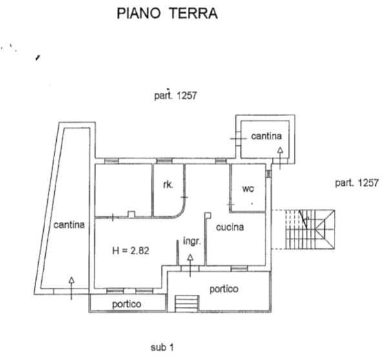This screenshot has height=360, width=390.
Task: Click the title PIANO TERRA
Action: pyautogui.click(x=167, y=14)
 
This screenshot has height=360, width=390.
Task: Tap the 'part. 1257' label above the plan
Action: pyautogui.click(x=172, y=95)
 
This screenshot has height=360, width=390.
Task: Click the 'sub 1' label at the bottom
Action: pyautogui.click(x=162, y=348)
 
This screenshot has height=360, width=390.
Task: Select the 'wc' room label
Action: pyautogui.click(x=247, y=189)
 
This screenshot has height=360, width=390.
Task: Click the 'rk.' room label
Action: pyautogui.click(x=167, y=185)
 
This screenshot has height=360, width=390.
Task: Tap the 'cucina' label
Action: pyautogui.click(x=229, y=226)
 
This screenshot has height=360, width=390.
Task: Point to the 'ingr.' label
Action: pyautogui.click(x=192, y=241)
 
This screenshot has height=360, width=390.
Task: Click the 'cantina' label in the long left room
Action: pyautogui.click(x=68, y=225)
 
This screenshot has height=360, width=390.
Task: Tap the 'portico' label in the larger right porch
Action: pyautogui.click(x=223, y=288)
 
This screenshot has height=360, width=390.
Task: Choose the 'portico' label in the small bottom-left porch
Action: pyautogui.click(x=127, y=304)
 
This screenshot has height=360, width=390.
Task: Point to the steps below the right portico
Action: pyautogui.click(x=188, y=302)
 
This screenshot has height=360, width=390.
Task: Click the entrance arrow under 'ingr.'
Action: pyautogui.click(x=190, y=265)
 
